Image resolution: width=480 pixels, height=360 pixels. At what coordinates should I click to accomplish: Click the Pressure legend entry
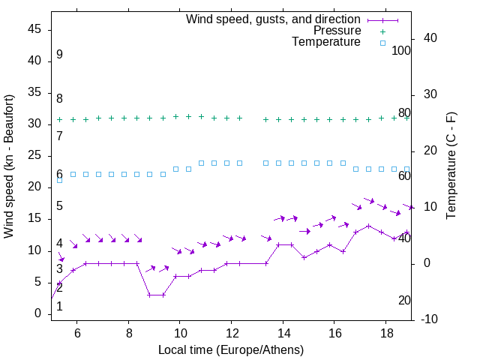337,31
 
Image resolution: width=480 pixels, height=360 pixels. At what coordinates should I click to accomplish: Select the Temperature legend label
326,42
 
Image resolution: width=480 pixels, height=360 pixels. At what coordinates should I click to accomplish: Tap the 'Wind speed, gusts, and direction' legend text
273,19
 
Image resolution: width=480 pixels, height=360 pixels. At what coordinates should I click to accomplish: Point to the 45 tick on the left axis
34,29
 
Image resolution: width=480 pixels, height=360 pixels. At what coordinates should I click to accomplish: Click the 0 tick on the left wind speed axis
38,313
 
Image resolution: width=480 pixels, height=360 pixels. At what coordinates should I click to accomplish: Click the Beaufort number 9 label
59,55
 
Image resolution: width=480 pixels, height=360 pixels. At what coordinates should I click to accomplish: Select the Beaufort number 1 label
59,306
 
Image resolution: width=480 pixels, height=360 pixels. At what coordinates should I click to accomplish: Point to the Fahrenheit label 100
401,50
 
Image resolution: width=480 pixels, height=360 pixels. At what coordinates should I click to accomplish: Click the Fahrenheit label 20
404,300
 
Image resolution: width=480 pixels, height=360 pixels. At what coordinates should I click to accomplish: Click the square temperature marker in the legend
382,43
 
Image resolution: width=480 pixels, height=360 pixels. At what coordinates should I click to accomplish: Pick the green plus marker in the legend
382,31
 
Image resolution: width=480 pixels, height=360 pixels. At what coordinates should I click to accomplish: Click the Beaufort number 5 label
59,206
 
